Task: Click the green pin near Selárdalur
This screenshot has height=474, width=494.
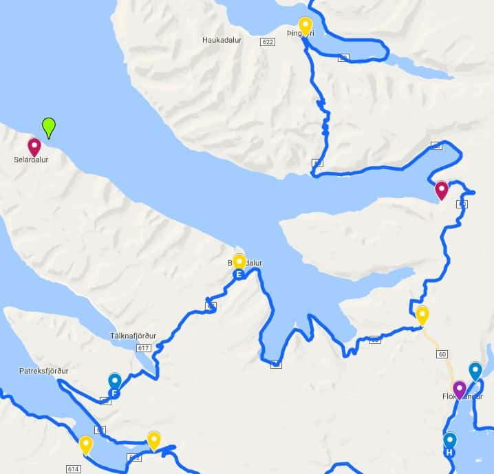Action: coord(48,127)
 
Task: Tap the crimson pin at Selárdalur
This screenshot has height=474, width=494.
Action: coord(34,147)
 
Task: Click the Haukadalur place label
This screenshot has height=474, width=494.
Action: coord(220,40)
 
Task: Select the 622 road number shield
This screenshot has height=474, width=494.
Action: coord(268,42)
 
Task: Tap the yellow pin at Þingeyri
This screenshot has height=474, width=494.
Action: coord(305,26)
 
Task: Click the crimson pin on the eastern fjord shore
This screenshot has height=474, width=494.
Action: coord(442,190)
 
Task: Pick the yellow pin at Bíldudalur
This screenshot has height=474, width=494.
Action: coord(239,261)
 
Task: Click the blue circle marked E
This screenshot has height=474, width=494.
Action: coord(239,275)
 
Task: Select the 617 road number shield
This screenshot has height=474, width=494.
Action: coord(144,349)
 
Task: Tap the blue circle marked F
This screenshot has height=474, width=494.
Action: coord(114,394)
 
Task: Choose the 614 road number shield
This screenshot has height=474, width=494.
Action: coord(74,468)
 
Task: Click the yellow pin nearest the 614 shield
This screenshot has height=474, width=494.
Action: coord(86,444)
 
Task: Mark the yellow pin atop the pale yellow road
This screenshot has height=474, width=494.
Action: coord(422,315)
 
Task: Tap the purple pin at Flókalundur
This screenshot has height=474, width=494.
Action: coord(460,389)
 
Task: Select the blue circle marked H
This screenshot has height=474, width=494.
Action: coord(450,453)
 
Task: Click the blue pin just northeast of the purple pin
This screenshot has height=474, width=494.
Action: coord(475,371)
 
